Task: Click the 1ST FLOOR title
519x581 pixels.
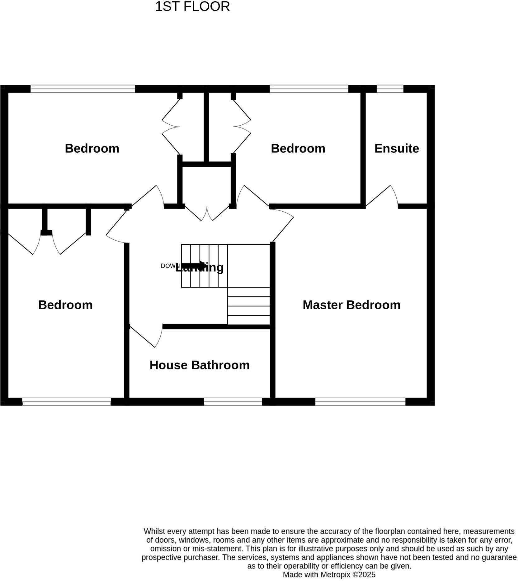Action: tap(192, 7)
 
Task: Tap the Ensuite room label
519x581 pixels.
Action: tap(396, 148)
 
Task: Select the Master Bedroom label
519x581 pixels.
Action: tap(351, 305)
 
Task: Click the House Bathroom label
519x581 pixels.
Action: tap(199, 365)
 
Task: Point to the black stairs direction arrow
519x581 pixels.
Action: tap(193, 265)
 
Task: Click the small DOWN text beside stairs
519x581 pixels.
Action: tap(169, 266)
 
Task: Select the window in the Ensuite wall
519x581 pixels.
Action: tap(390, 89)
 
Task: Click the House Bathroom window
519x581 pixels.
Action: tap(233, 402)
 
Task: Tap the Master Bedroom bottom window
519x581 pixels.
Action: tap(360, 402)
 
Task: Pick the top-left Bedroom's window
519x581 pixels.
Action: tap(83, 89)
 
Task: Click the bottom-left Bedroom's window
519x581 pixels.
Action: tap(66, 402)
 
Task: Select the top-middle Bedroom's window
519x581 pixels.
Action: tap(309, 89)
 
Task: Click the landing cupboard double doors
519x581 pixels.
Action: tap(207, 214)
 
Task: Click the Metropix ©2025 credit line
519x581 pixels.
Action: tap(329, 574)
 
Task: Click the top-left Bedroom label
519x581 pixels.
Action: tap(92, 148)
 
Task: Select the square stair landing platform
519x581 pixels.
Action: tap(248, 266)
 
